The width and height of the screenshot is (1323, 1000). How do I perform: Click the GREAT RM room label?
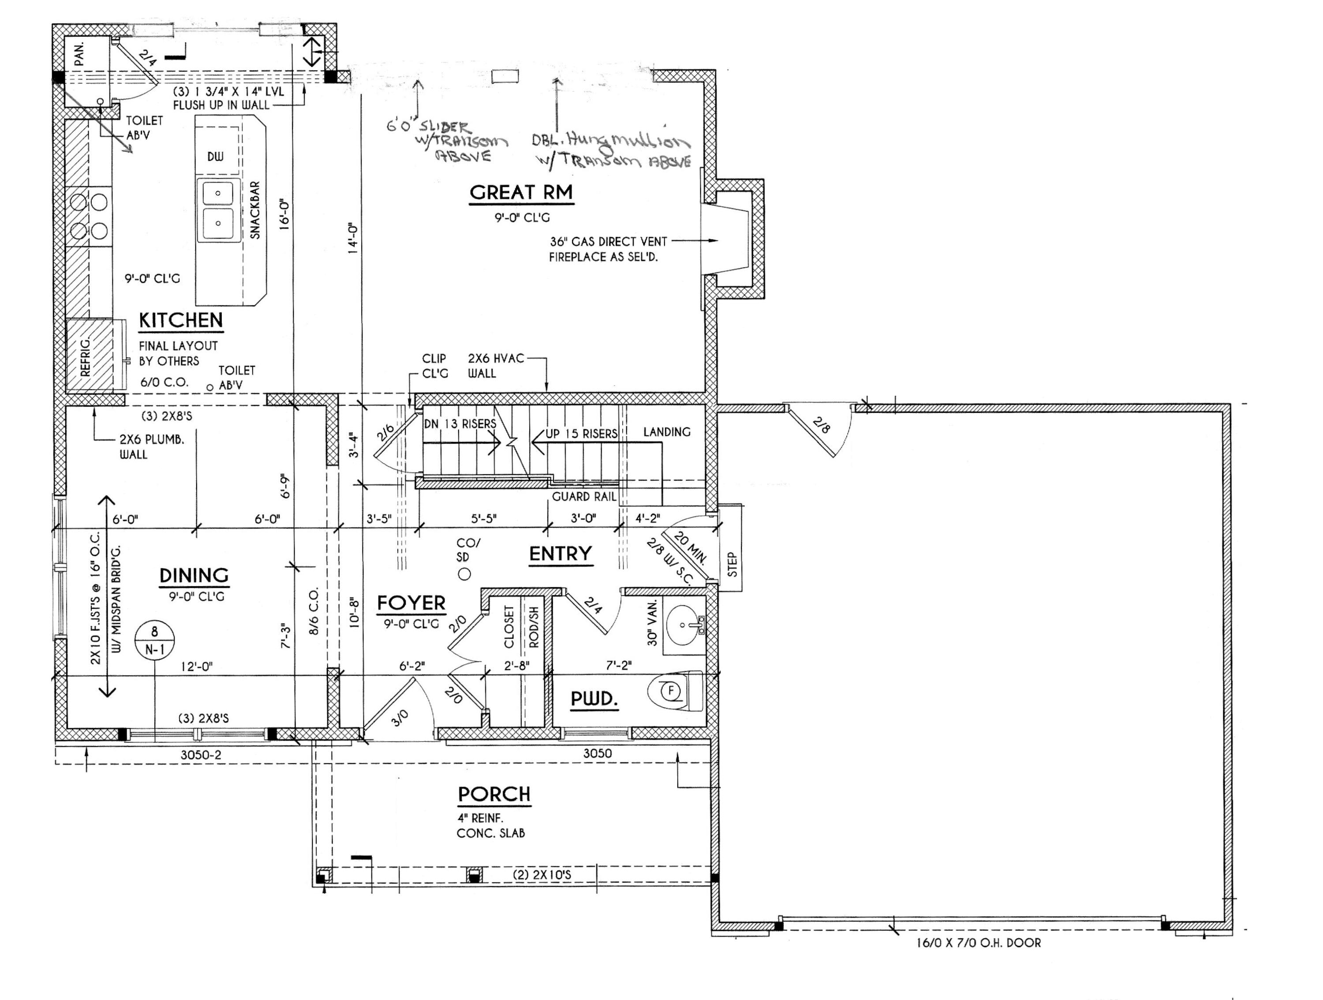tap(521, 193)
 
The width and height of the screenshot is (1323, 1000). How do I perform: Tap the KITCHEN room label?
tap(181, 321)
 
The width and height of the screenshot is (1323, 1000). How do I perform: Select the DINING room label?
tap(194, 575)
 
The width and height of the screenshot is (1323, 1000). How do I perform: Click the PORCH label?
tap(494, 794)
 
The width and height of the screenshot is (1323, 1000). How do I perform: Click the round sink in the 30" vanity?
tap(682, 625)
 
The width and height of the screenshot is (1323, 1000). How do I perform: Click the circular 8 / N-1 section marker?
tap(154, 640)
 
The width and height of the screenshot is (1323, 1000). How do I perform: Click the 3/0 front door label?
tap(400, 718)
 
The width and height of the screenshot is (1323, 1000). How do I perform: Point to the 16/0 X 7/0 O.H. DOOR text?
tap(979, 943)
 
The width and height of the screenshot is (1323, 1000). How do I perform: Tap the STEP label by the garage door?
tap(732, 564)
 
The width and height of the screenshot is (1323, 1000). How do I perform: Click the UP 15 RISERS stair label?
tap(581, 434)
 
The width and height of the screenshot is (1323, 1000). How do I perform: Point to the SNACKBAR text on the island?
tap(255, 210)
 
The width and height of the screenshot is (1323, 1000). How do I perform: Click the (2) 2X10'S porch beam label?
tap(542, 875)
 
